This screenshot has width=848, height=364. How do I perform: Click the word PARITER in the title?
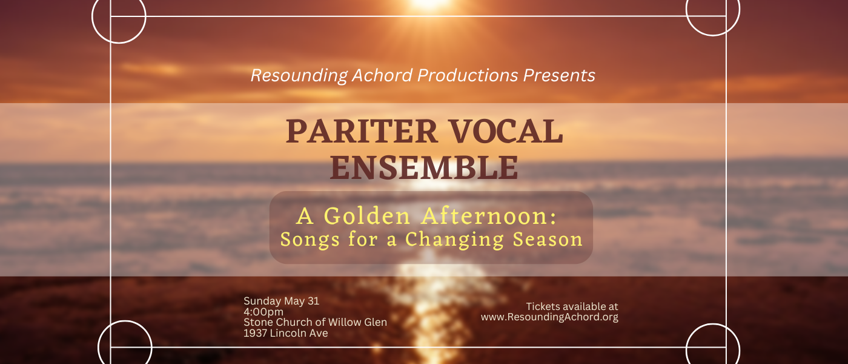362,131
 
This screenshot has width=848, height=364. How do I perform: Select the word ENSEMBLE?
424,167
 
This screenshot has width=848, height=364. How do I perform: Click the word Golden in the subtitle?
367,216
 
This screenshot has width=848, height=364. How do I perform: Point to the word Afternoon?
489,216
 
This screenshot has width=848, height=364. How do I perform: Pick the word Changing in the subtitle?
455,240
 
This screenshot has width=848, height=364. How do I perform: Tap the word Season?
548,240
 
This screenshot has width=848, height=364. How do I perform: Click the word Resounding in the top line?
299,76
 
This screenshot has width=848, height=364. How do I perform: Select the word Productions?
468,75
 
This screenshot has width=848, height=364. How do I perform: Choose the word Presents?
559,75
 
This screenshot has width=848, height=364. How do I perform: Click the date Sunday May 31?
281,301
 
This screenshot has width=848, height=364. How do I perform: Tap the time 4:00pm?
263,312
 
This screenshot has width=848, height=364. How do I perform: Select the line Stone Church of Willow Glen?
316,322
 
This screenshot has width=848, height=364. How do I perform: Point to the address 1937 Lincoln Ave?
286,333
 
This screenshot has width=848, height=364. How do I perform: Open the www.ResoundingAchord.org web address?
550,317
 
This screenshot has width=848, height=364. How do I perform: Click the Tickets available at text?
572,306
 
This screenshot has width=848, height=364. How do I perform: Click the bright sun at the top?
429,3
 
